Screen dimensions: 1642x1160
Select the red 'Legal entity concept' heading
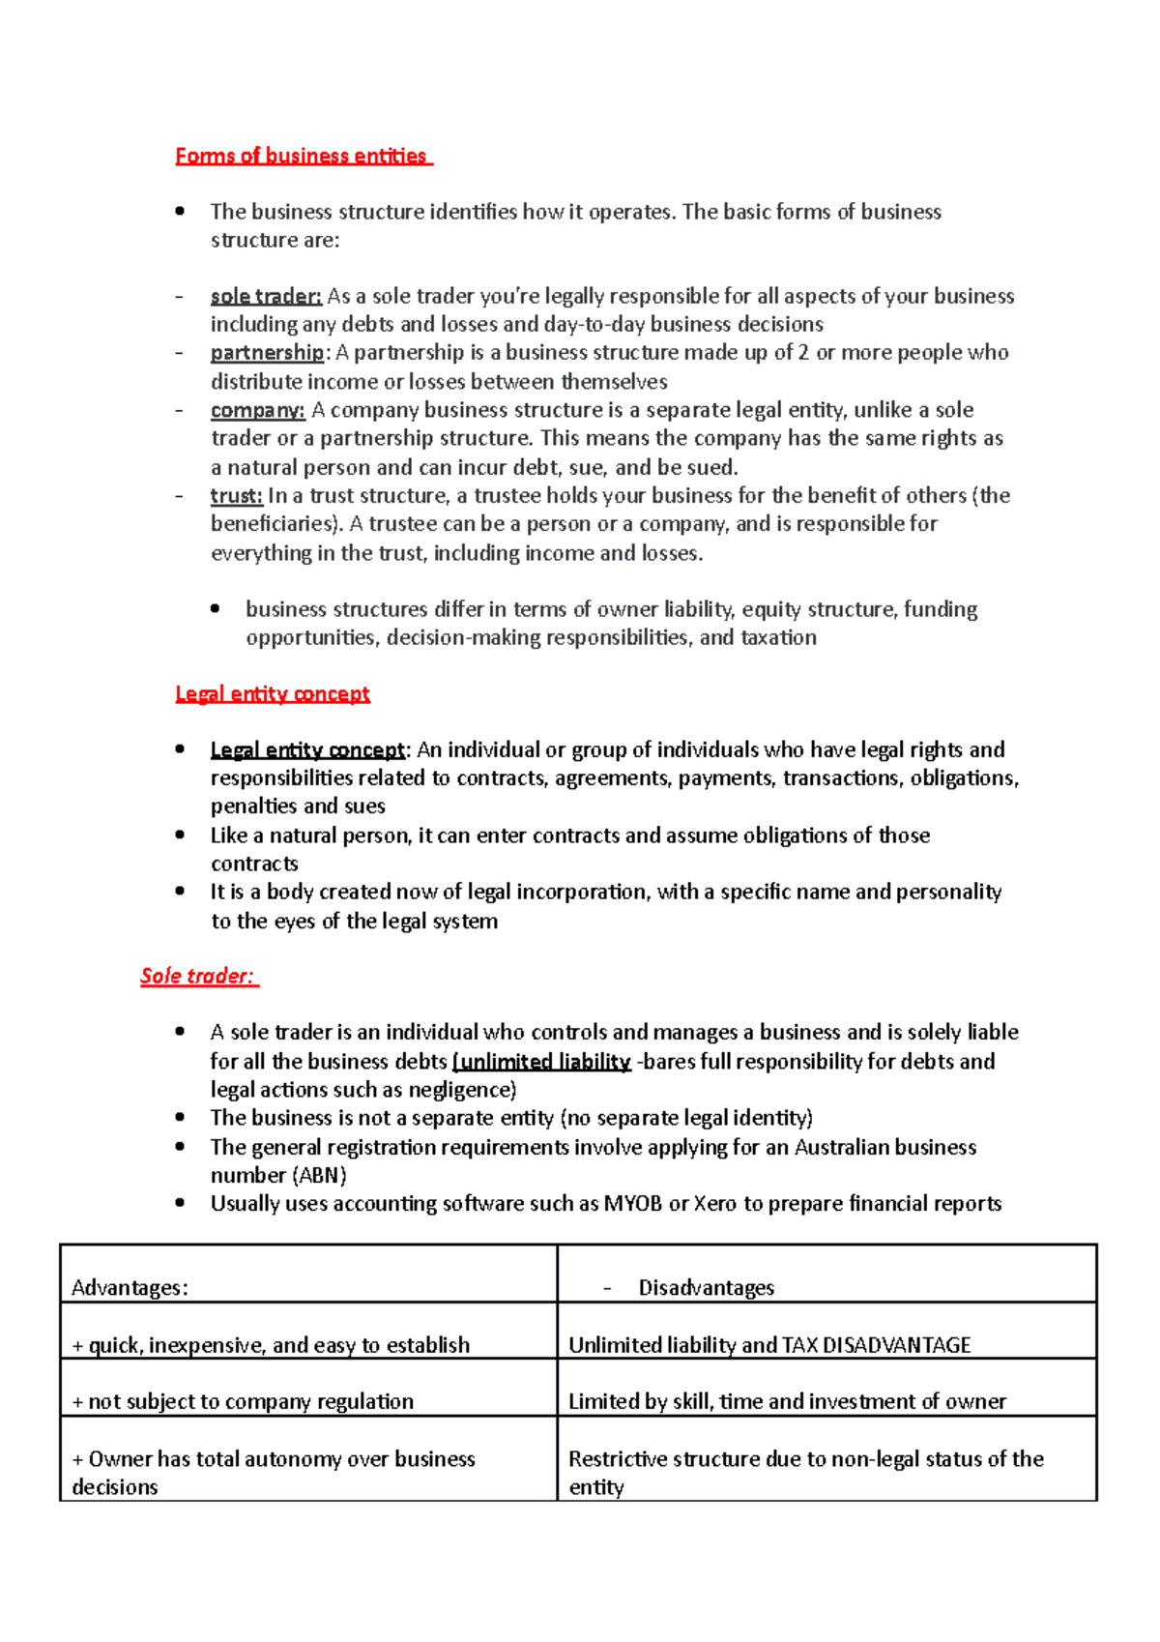[273, 693]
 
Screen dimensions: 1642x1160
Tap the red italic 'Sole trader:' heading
[198, 976]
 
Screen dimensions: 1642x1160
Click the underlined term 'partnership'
[267, 352]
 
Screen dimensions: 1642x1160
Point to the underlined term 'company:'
[257, 410]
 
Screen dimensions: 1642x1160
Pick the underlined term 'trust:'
[236, 496]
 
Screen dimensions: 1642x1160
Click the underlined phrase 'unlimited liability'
[542, 1061]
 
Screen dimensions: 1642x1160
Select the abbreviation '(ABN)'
[319, 1175]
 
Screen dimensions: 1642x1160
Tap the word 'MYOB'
[633, 1204]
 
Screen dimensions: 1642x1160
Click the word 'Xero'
[714, 1204]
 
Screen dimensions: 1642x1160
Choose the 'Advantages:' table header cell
[130, 1288]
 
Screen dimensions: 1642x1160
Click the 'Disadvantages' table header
[706, 1288]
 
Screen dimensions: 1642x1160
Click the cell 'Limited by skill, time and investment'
[787, 1402]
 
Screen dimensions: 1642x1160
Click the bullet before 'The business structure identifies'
[180, 211]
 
